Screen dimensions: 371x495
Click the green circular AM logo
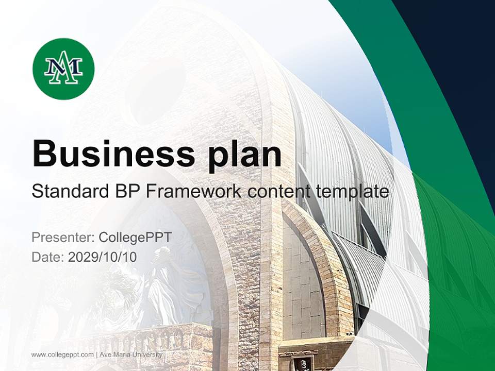63,69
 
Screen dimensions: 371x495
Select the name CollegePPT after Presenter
135,238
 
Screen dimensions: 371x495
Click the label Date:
48,257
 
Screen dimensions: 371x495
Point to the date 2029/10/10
103,257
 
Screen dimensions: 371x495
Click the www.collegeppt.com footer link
62,355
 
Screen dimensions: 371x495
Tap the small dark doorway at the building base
303,363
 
